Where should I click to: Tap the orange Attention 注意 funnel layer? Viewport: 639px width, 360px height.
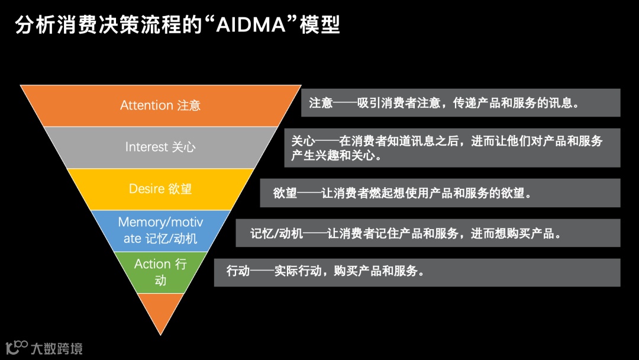[x=160, y=105]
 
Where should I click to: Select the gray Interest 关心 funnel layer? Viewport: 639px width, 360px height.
[x=160, y=147]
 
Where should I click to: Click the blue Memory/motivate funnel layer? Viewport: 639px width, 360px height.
[x=160, y=230]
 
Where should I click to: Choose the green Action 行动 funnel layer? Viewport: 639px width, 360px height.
[x=160, y=272]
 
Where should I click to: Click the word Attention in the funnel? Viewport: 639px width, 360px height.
[x=147, y=105]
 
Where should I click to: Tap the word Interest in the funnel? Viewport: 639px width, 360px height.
[x=147, y=147]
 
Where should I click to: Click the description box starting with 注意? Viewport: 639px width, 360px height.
[x=460, y=102]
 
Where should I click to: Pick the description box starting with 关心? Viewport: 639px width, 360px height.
[x=452, y=147]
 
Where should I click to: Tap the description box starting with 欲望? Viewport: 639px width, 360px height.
[x=440, y=193]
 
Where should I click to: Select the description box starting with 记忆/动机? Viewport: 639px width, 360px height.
[x=427, y=233]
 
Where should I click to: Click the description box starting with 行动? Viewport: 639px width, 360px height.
[x=417, y=272]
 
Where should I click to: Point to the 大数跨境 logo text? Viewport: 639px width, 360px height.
[x=57, y=348]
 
